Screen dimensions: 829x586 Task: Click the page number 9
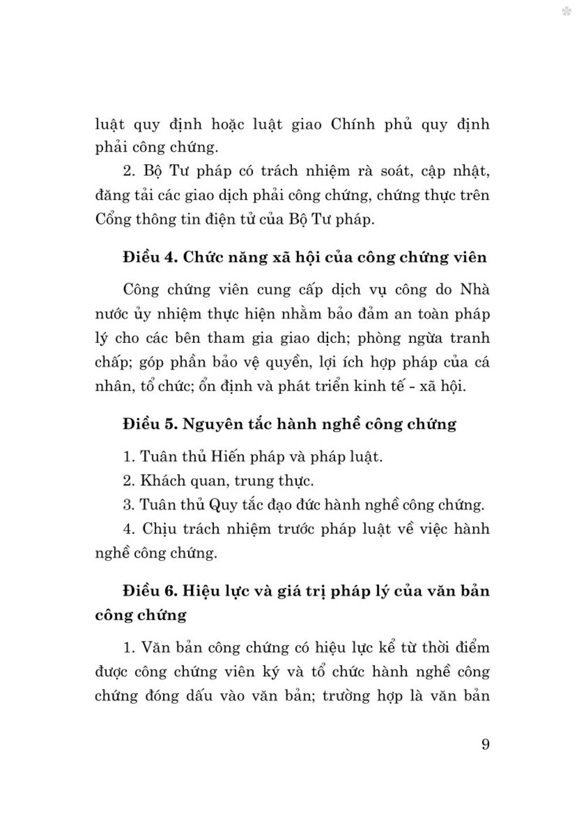point(485,745)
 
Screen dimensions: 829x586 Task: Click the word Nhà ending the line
point(473,289)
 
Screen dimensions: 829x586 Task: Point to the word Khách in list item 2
point(161,481)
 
